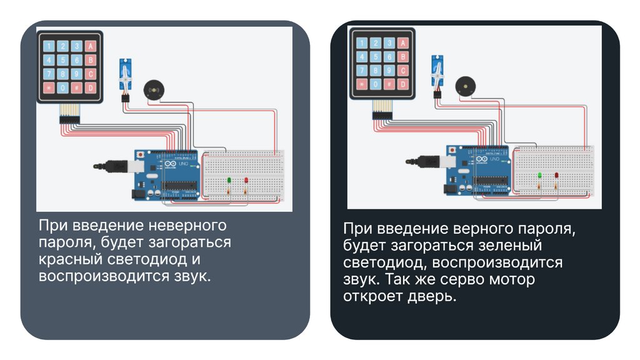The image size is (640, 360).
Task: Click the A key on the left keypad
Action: [91, 46]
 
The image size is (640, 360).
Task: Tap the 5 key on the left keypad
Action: [63, 60]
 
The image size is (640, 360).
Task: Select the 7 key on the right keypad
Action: [362, 70]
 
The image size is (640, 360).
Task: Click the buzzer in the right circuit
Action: [465, 86]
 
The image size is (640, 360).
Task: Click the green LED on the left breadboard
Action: [229, 181]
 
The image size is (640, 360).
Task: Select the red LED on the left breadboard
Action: [246, 181]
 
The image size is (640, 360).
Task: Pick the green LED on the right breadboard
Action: [539, 176]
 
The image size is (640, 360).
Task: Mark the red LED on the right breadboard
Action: [556, 176]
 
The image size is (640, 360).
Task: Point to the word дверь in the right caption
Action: [434, 296]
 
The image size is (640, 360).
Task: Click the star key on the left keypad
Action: [49, 87]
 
